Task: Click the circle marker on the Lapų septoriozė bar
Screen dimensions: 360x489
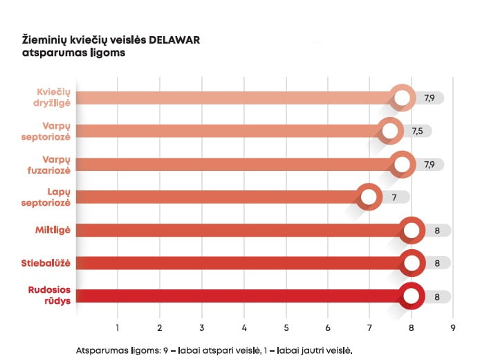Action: click(369, 197)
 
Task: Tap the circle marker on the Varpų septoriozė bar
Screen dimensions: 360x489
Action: click(390, 131)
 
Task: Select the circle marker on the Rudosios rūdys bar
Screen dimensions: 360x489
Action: click(412, 296)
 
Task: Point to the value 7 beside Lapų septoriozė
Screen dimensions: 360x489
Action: click(394, 197)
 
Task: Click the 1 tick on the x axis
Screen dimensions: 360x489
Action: click(118, 327)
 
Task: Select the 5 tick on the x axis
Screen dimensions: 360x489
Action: click(286, 327)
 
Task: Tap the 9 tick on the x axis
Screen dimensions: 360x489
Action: click(453, 327)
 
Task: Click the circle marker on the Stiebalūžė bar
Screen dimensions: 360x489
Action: click(412, 263)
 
